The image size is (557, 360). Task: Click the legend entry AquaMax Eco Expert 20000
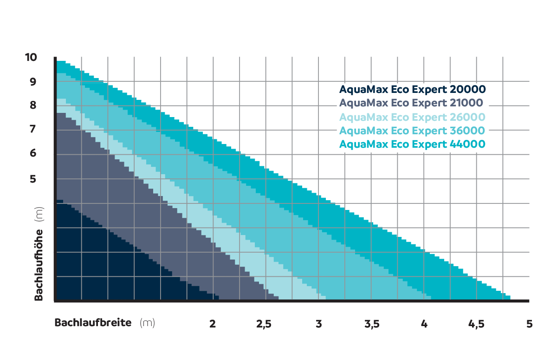click(412, 89)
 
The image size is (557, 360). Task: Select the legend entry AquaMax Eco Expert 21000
click(411, 103)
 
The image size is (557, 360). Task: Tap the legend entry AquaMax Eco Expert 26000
click(412, 117)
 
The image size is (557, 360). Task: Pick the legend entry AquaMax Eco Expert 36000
click(412, 131)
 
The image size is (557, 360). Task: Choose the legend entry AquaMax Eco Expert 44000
click(412, 144)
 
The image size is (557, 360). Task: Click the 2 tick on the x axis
click(213, 324)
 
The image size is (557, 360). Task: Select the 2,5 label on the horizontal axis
click(264, 324)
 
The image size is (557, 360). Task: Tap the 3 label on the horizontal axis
click(318, 324)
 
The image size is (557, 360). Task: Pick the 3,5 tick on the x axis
click(372, 324)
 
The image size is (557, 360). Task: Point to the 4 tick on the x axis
click(424, 324)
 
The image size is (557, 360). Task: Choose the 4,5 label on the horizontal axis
click(477, 324)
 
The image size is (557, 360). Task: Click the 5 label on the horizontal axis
click(529, 324)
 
